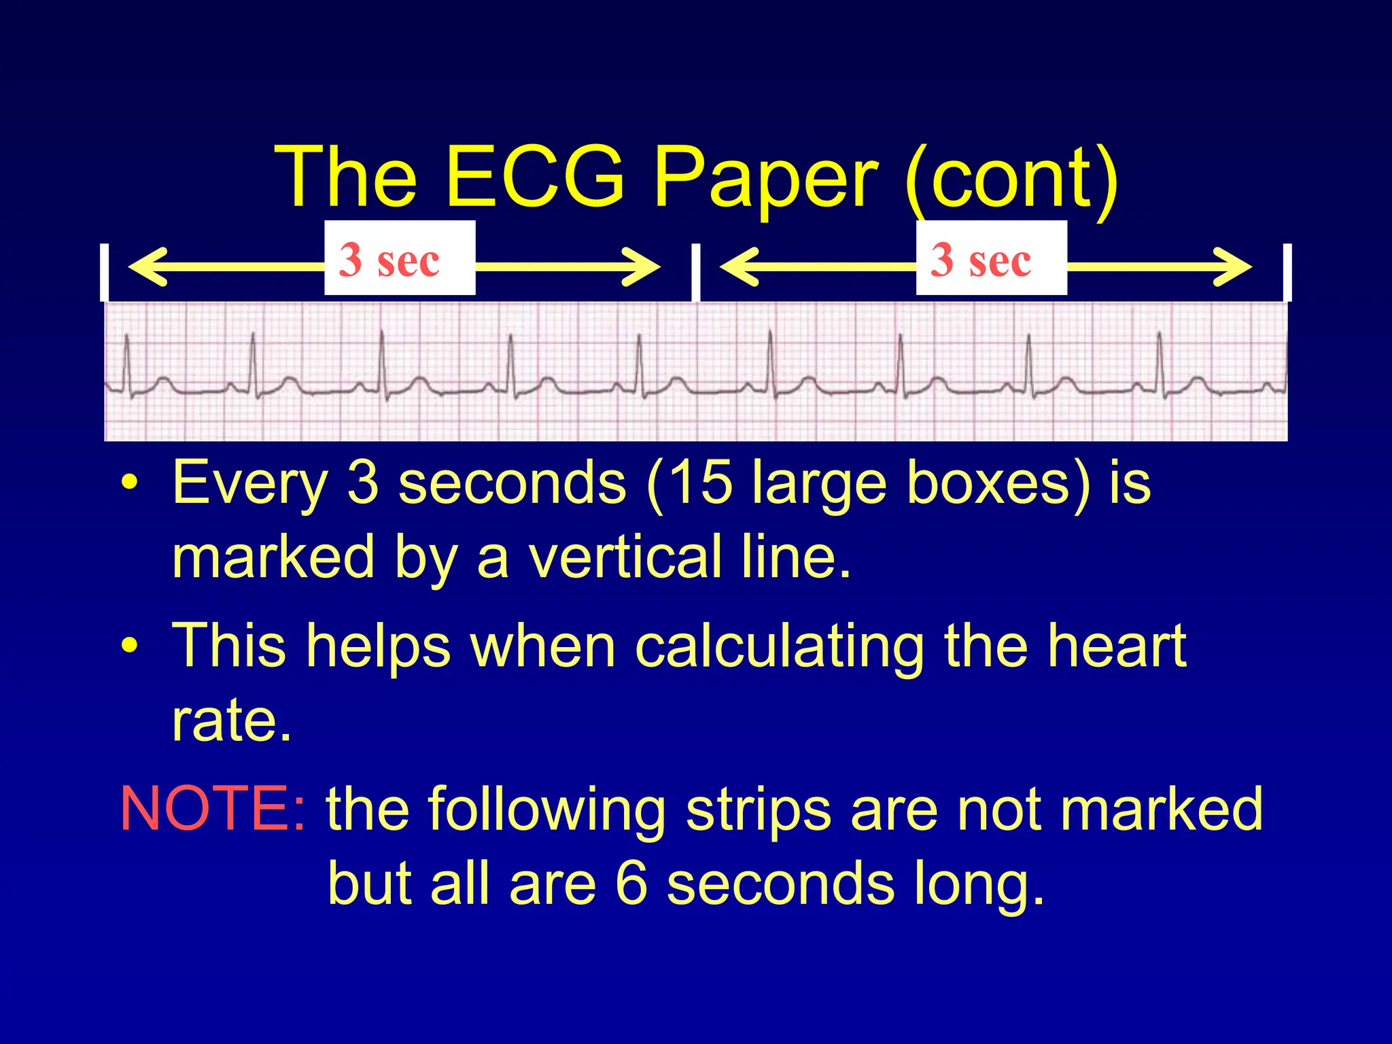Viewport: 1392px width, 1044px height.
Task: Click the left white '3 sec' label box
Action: (x=400, y=258)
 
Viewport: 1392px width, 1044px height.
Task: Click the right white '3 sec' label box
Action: (x=991, y=258)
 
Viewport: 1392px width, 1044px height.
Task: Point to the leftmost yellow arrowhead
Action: (x=144, y=266)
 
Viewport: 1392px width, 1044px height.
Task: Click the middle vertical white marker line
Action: (x=695, y=272)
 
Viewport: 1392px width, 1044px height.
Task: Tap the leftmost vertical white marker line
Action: (x=104, y=272)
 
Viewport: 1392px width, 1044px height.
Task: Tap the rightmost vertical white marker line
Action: (x=1287, y=272)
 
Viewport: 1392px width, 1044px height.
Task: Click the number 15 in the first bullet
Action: (x=703, y=484)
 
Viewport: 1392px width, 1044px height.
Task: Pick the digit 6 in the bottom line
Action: (x=631, y=884)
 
